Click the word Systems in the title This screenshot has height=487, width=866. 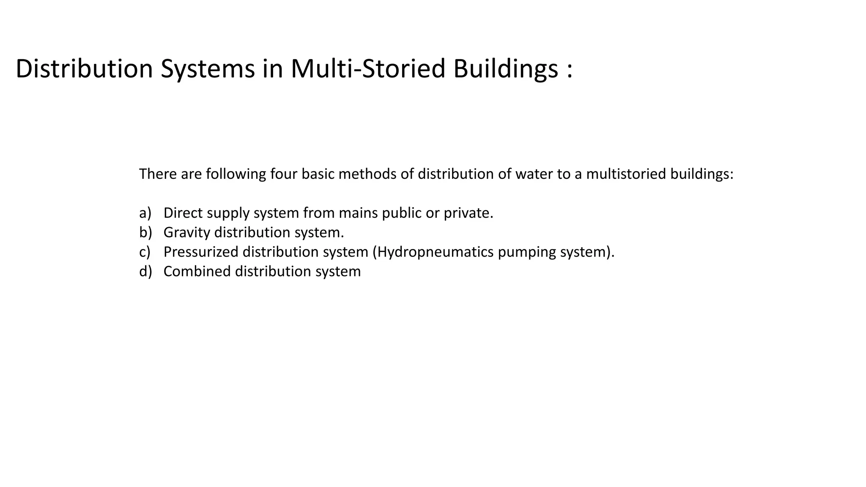point(208,68)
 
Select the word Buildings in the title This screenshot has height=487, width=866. point(505,68)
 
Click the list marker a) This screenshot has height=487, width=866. point(145,213)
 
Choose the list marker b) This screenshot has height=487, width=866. point(145,232)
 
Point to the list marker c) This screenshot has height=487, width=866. point(145,252)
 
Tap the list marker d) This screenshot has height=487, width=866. point(145,271)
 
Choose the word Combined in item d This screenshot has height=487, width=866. point(197,271)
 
